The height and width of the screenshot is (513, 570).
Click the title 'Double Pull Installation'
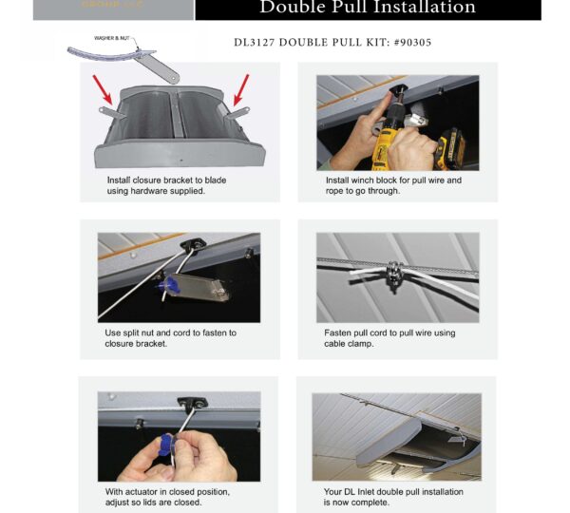point(368,9)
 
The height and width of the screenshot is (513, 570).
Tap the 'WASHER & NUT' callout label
point(112,38)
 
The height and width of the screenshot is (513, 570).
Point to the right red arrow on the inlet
point(237,87)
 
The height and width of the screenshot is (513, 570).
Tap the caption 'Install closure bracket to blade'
point(166,180)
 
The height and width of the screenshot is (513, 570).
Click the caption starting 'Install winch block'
point(393,180)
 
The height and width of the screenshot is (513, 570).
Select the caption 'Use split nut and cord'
point(170,333)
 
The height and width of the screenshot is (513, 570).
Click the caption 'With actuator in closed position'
point(167,492)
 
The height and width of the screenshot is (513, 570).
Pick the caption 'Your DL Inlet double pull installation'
point(393,492)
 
